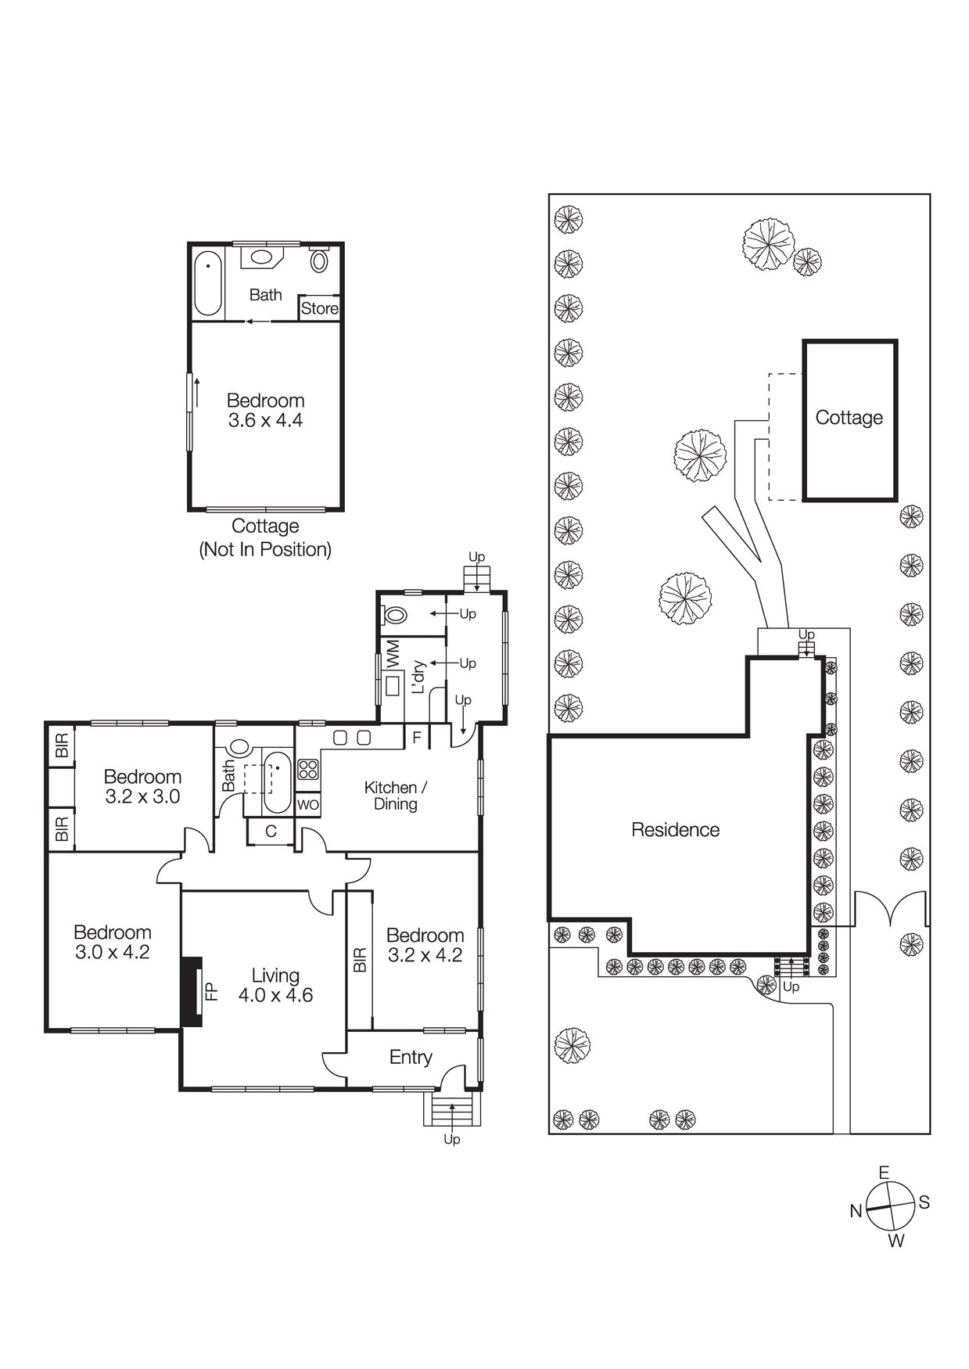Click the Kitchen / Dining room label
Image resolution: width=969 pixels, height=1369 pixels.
(396, 796)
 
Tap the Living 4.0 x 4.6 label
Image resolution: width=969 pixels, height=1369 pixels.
(276, 985)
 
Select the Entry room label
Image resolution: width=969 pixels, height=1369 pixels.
(411, 1058)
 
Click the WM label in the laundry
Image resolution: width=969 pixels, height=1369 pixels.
(393, 654)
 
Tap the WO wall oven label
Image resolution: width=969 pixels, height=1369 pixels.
(308, 804)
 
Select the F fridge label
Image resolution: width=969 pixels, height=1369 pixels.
(417, 737)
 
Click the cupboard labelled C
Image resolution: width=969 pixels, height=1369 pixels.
(271, 831)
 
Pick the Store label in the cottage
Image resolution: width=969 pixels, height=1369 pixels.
(320, 308)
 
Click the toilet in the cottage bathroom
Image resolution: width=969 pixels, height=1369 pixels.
(319, 258)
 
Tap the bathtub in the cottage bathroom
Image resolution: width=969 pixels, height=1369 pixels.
(208, 282)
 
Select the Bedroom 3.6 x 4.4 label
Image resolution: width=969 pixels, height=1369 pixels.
(265, 410)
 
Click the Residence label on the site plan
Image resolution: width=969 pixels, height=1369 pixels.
(676, 830)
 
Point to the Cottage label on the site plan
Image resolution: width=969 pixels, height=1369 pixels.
(849, 418)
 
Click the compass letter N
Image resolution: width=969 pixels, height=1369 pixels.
(856, 1211)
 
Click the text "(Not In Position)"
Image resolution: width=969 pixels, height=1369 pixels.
(265, 550)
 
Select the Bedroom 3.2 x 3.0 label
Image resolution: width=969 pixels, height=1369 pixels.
(142, 786)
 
